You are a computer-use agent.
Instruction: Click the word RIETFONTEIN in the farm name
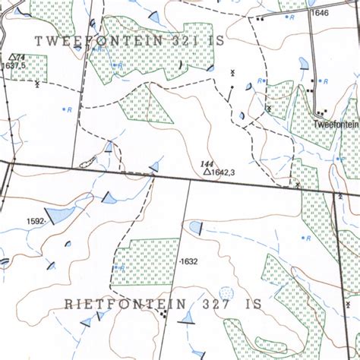pyautogui.click(x=125, y=304)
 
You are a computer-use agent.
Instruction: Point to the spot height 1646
pyautogui.click(x=319, y=13)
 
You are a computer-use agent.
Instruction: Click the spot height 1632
pyautogui.click(x=188, y=262)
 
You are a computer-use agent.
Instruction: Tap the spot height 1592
pyautogui.click(x=35, y=222)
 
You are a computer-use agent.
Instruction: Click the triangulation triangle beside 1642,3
pyautogui.click(x=206, y=173)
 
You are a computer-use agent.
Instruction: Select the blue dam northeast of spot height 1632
pyautogui.click(x=196, y=226)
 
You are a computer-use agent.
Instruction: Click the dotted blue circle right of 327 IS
pyautogui.click(x=226, y=292)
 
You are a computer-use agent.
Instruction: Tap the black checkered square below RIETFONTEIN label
pyautogui.click(x=166, y=315)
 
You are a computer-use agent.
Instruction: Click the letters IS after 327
pyautogui.click(x=252, y=304)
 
